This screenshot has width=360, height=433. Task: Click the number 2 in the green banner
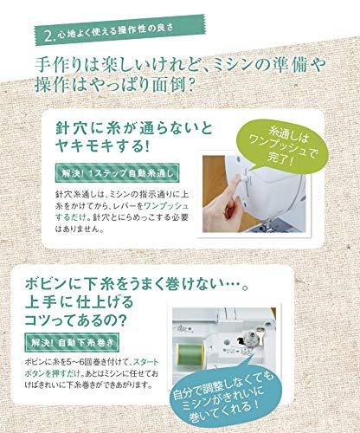pos(49,36)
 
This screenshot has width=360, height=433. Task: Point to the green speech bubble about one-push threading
pos(280,146)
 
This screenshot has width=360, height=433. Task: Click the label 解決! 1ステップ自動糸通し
pos(117,173)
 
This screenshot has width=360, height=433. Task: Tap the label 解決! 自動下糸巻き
pos(72,343)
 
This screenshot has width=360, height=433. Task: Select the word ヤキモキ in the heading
pos(85,146)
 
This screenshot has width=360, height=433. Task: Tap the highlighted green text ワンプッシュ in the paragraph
pos(166,206)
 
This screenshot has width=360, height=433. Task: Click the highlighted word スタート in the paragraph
pos(146,362)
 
